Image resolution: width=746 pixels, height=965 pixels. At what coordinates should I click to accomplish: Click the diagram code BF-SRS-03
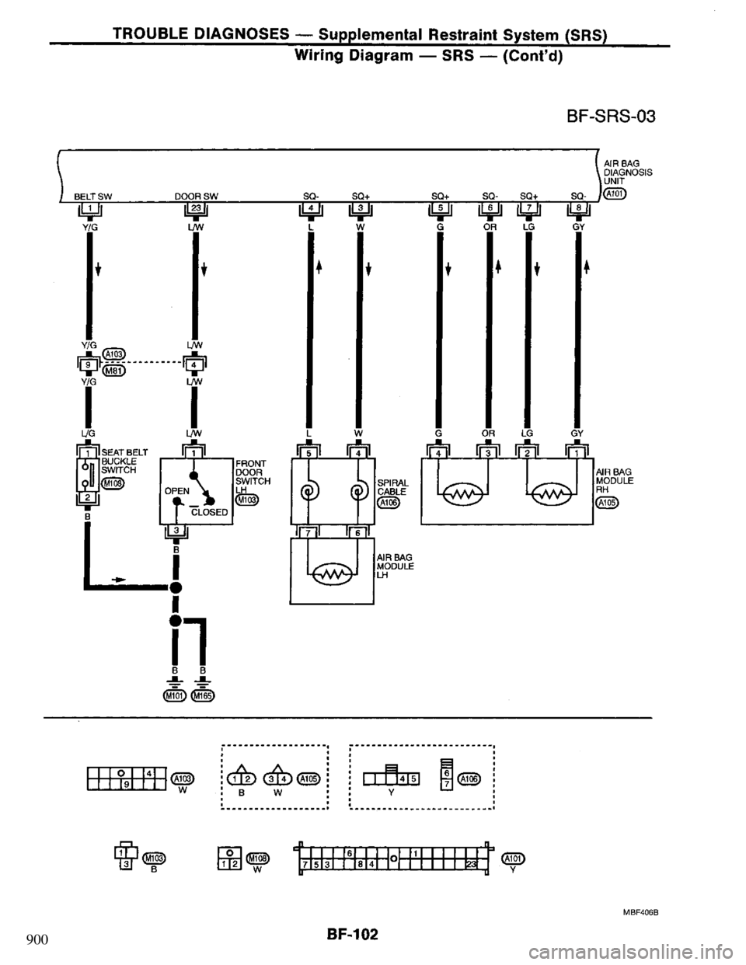click(612, 117)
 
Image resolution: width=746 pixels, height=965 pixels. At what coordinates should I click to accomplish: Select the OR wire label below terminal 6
click(490, 227)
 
